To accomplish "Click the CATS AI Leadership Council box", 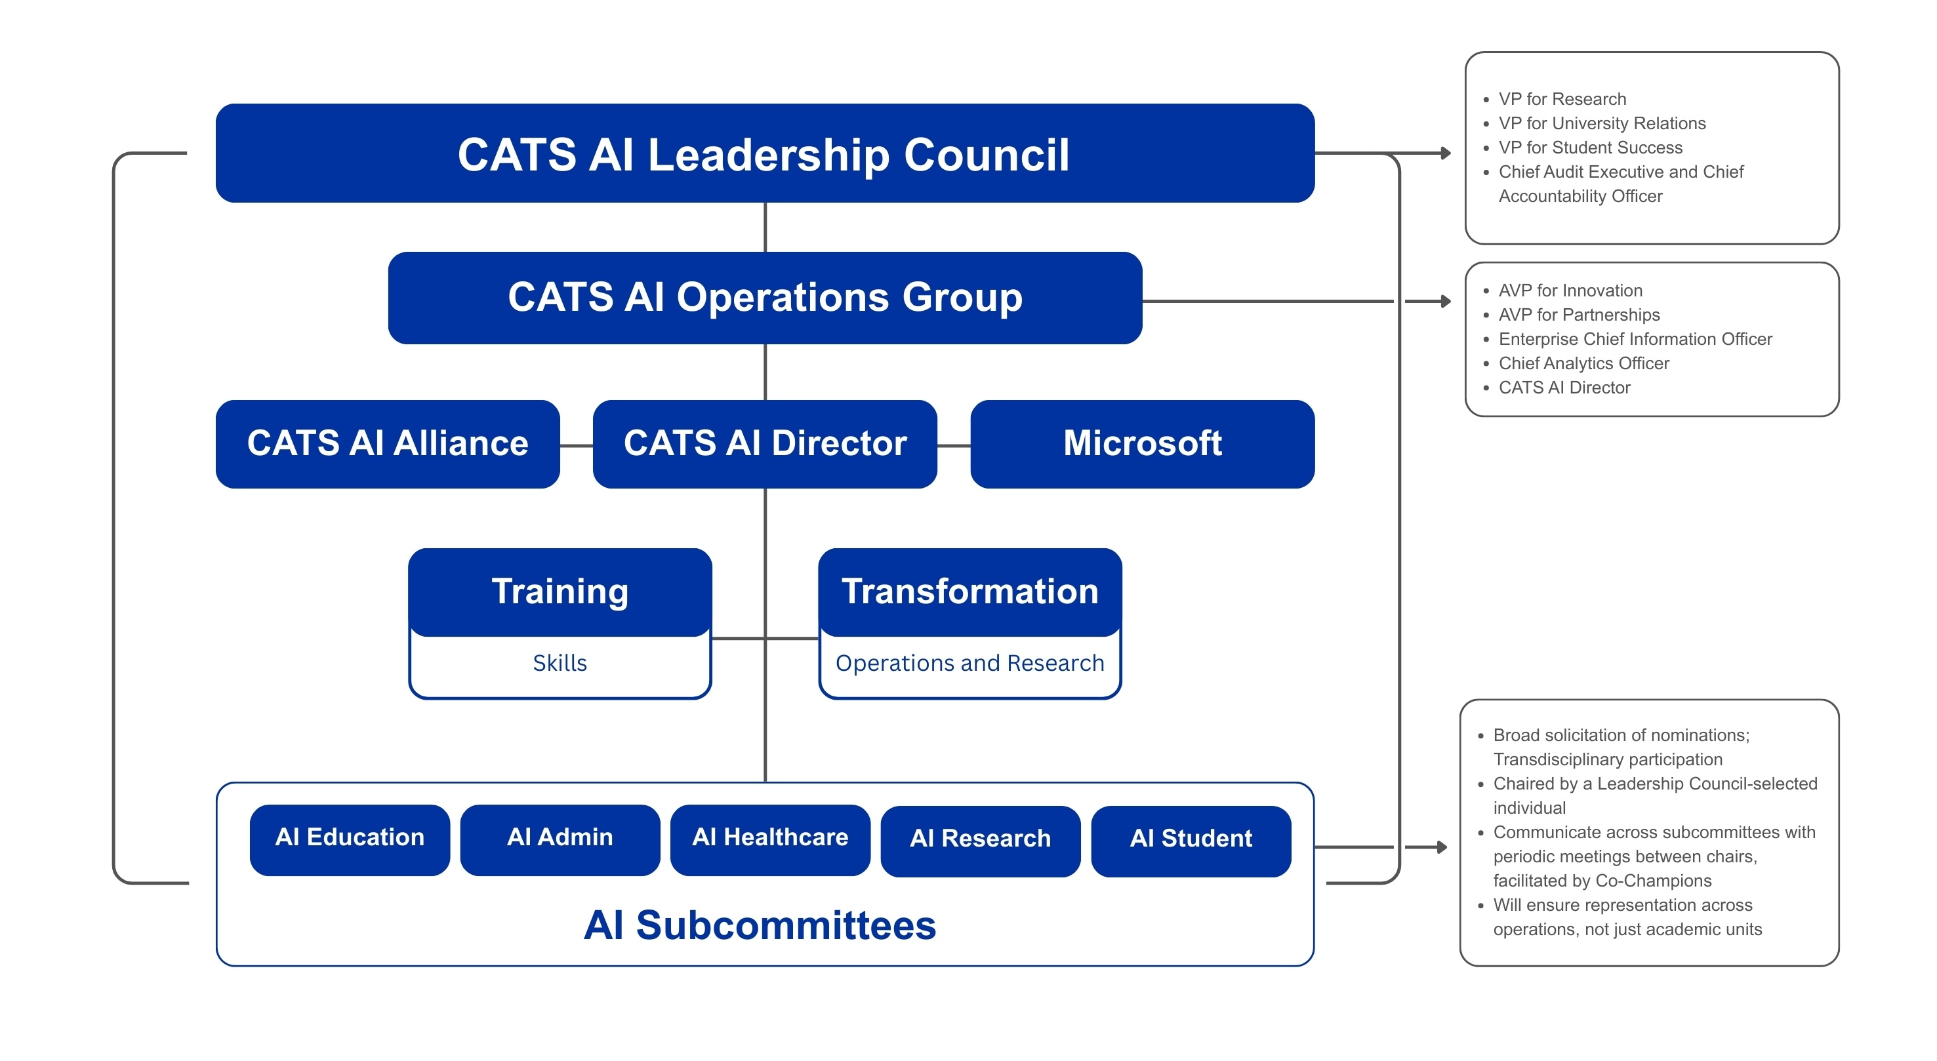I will click(x=764, y=153).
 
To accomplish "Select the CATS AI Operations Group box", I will click(x=764, y=297).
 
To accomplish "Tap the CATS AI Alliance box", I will click(x=387, y=444).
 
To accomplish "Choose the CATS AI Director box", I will click(x=764, y=444).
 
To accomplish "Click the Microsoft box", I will click(x=1141, y=444).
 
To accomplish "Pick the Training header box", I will click(x=560, y=591).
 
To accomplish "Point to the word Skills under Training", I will click(x=560, y=663).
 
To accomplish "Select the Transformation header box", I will click(x=969, y=591).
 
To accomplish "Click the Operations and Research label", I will click(x=969, y=663).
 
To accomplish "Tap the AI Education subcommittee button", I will click(x=350, y=839).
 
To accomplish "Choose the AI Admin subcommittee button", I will click(x=560, y=839).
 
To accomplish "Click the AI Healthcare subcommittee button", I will click(x=770, y=839).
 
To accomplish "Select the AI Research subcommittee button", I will click(x=980, y=840).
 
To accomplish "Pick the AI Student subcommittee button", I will click(x=1191, y=840).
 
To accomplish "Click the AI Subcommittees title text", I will click(x=760, y=925).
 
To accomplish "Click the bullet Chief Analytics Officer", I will click(x=1583, y=363).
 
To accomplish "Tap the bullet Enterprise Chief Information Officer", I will click(x=1635, y=339).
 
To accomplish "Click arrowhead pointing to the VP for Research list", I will click(x=1445, y=153).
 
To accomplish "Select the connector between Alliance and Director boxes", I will click(x=576, y=446).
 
